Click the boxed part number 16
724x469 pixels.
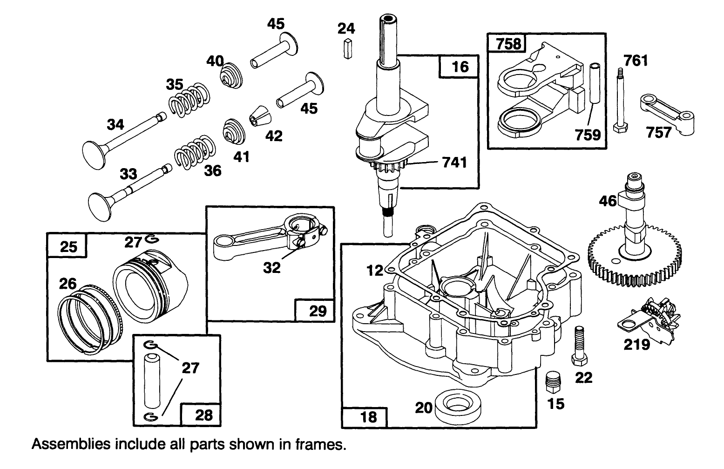coord(460,66)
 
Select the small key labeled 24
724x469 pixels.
coord(347,49)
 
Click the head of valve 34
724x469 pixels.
coord(95,151)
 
